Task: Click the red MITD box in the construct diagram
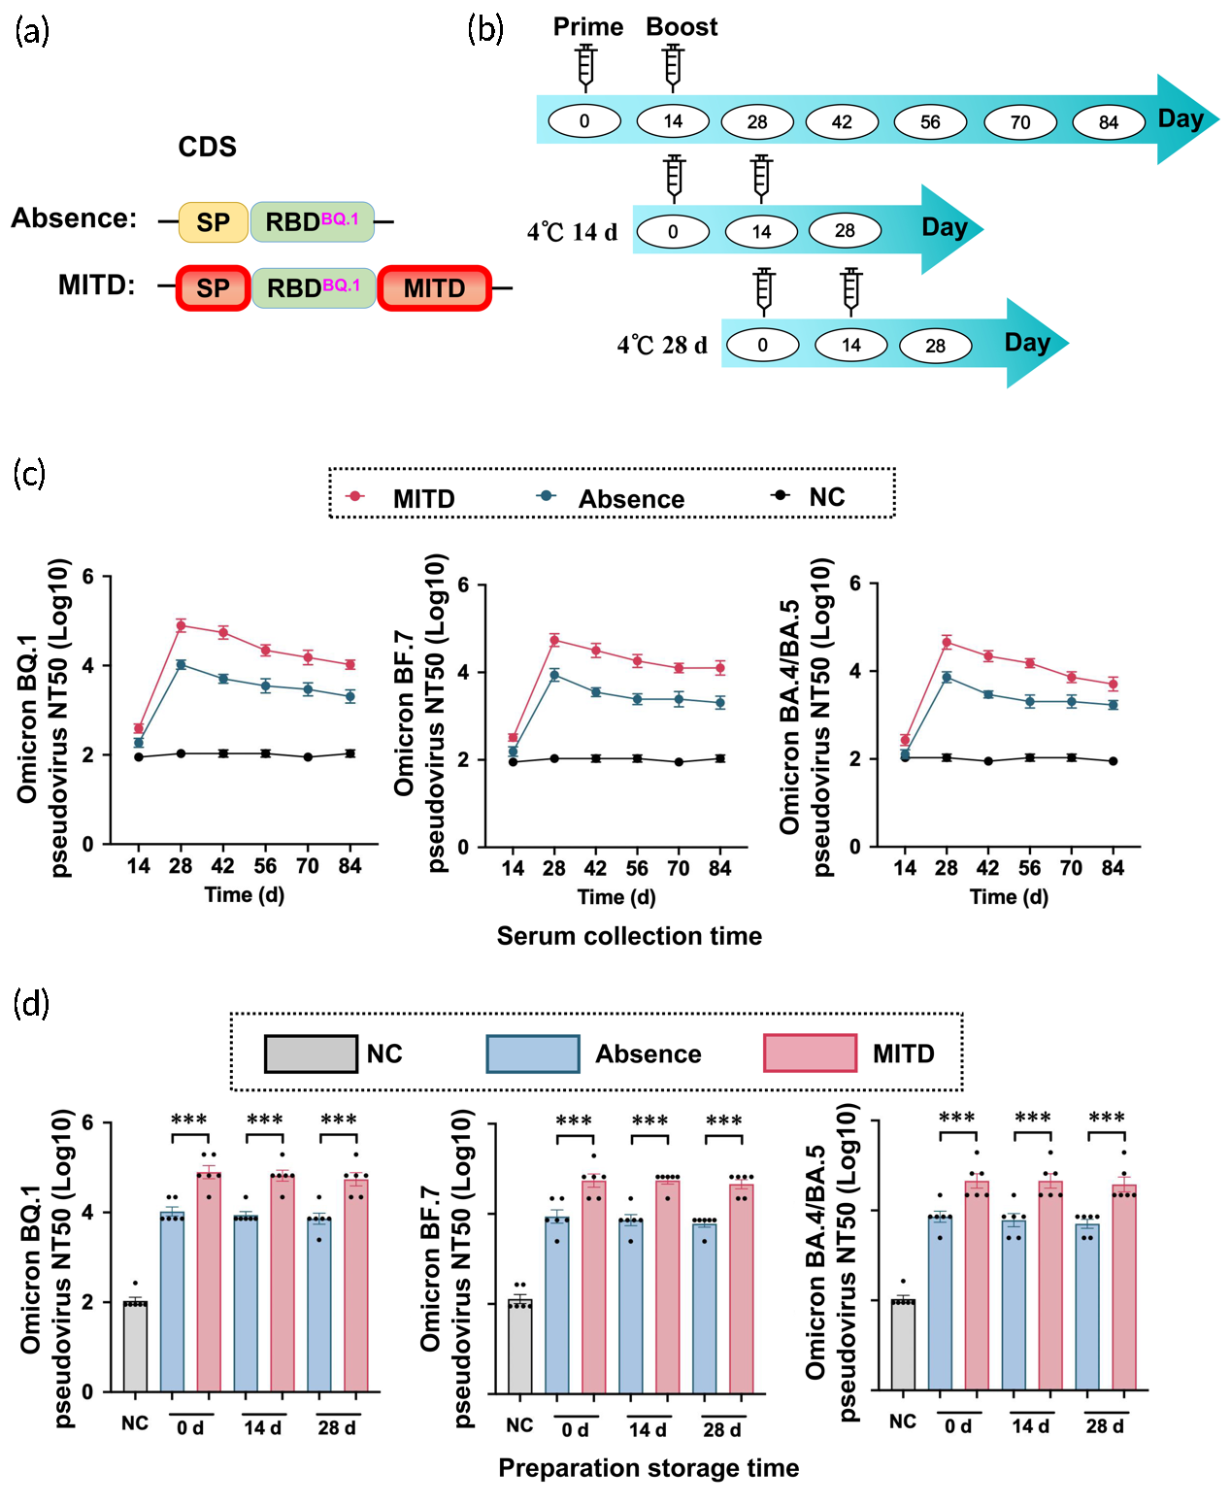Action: pos(434,288)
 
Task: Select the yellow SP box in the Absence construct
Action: pos(214,222)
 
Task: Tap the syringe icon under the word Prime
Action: pos(585,66)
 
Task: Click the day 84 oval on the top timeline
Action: pos(1108,122)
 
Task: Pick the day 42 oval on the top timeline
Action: pos(842,122)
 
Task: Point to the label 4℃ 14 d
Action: pos(572,232)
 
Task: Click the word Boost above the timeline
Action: pos(682,27)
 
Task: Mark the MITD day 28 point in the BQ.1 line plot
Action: pos(181,625)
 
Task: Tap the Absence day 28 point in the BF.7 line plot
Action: pos(554,675)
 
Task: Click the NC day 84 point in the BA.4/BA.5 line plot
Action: pos(1113,761)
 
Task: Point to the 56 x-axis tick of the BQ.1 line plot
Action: pos(265,866)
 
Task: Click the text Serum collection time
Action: pos(629,936)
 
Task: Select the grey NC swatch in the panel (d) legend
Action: pos(311,1053)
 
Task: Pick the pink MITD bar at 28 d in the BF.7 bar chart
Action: pos(742,1288)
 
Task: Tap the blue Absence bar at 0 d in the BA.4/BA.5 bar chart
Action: pos(940,1302)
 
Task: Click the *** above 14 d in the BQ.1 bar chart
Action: pos(264,1120)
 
